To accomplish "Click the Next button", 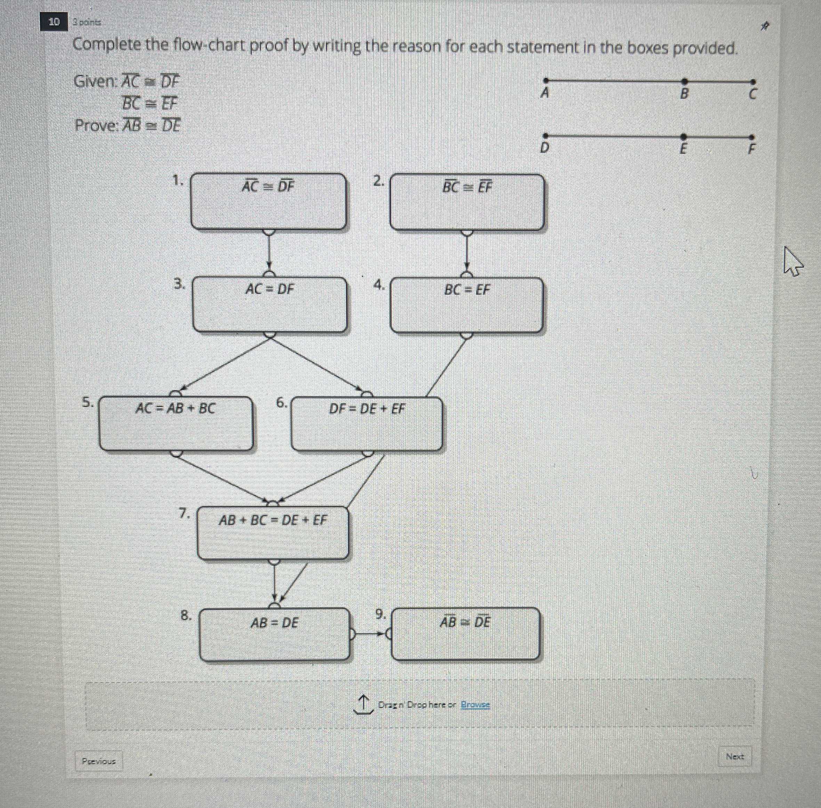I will coord(735,756).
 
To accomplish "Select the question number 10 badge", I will coord(54,22).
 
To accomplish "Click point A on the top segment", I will coord(546,80).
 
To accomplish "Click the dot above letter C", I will coord(753,82).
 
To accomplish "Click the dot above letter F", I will coord(751,137).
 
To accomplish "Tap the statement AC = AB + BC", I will coord(175,408).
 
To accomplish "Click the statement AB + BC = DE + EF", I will coord(273,520).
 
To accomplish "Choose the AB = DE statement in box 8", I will coord(274,623).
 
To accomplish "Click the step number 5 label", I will coord(87,402).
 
